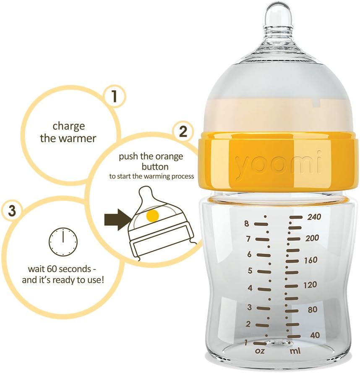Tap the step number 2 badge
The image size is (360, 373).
click(183, 131)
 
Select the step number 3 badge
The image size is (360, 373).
click(12, 210)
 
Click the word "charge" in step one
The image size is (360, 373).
click(68, 126)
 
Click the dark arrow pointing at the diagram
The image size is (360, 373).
click(117, 220)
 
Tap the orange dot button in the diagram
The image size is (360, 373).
click(153, 216)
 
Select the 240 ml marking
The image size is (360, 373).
click(314, 217)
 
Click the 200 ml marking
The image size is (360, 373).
click(312, 238)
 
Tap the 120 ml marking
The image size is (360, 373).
click(310, 285)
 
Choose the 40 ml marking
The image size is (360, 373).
click(315, 336)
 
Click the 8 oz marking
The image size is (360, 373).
click(247, 224)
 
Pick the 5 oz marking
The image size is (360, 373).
click(250, 271)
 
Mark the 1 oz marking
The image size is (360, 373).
click(246, 343)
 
